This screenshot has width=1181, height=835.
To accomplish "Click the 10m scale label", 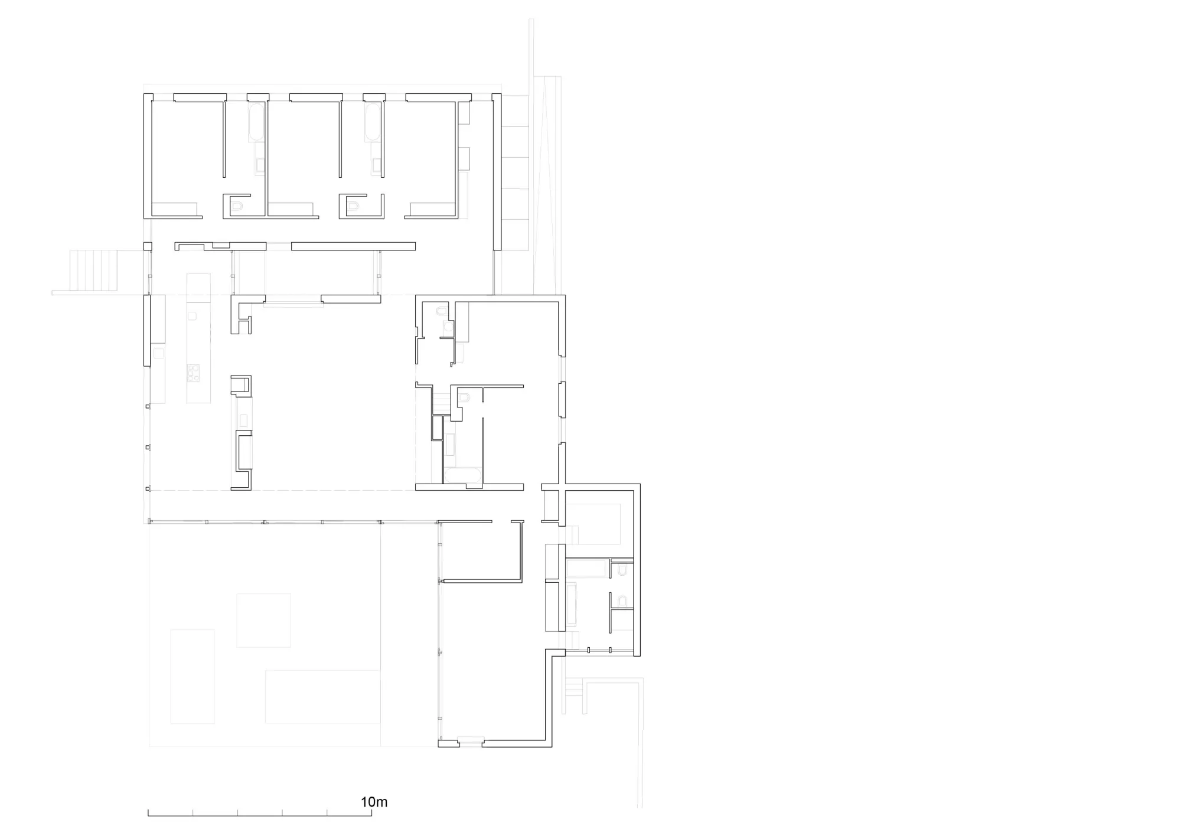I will click(x=374, y=802).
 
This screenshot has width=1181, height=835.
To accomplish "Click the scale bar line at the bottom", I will click(x=260, y=816).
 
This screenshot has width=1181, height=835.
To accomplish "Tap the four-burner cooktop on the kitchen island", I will click(x=193, y=372).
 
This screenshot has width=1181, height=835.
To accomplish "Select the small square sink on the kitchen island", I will click(x=192, y=316).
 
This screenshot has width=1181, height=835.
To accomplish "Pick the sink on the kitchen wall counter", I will click(x=158, y=353).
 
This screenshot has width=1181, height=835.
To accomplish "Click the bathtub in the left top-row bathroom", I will click(x=256, y=122).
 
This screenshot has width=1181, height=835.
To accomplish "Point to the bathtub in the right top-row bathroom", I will click(x=373, y=122).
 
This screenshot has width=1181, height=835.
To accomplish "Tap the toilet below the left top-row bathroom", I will click(x=237, y=206).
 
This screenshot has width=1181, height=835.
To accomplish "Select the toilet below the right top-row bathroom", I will click(x=354, y=206).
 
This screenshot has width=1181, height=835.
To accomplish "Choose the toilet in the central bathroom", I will click(x=464, y=397).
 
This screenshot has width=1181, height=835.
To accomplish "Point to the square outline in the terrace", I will click(x=263, y=620).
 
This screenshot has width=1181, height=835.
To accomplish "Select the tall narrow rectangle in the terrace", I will click(x=193, y=676).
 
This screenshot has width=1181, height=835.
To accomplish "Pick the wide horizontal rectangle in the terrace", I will click(x=322, y=696).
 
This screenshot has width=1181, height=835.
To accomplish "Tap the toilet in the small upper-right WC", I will click(x=443, y=311).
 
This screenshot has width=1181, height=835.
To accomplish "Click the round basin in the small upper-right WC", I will click(x=448, y=326).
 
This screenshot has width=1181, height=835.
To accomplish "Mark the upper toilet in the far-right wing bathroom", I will click(x=622, y=570).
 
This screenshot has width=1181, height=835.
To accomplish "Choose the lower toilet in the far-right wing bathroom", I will click(x=622, y=601).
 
